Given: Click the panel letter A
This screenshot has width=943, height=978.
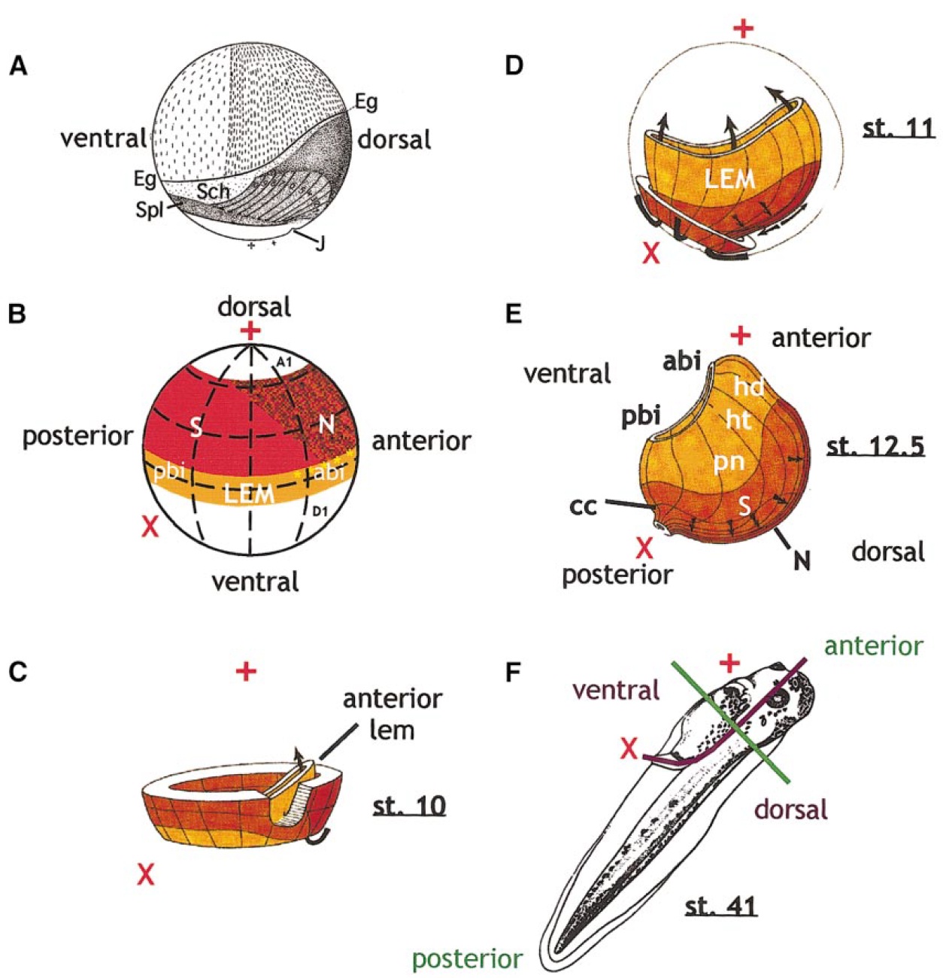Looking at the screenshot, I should point(17,67).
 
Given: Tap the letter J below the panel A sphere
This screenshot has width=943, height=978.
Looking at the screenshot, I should point(320,242).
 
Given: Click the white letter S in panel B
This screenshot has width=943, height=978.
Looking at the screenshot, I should point(196,427).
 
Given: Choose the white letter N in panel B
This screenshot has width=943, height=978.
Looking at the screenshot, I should point(326,425).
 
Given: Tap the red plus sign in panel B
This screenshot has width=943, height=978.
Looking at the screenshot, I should point(250,331).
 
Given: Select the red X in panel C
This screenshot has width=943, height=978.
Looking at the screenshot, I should point(146,874).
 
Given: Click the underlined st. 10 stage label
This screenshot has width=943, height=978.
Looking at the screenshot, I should point(409,806).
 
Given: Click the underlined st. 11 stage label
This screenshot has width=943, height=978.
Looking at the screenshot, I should point(898,127).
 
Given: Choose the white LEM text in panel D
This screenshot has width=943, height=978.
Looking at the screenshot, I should point(729,179).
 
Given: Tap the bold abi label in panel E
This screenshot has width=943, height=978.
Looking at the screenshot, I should point(682,362).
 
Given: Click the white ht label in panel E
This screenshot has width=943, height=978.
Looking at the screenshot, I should point(738,419).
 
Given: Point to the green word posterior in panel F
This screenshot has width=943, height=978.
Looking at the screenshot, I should point(466,959).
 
